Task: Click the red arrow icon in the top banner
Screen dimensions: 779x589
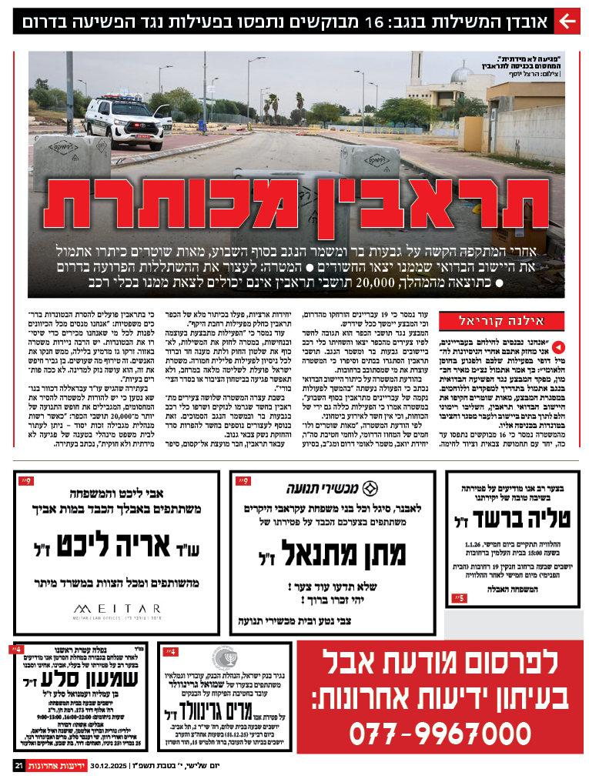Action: [567, 22]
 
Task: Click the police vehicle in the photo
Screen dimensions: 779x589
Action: [128, 121]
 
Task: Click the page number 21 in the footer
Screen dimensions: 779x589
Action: [18, 766]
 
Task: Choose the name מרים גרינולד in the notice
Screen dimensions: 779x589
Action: [213, 710]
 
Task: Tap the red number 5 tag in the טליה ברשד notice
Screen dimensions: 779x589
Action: [458, 597]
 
